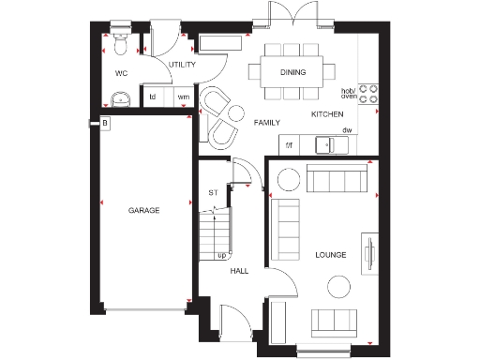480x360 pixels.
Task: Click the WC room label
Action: (x=121, y=72)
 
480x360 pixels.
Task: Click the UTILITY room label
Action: (x=182, y=65)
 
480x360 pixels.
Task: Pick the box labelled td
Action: (x=153, y=96)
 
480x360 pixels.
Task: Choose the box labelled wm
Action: (x=183, y=96)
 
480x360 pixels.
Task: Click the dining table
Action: (x=288, y=72)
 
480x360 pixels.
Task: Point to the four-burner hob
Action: (x=368, y=91)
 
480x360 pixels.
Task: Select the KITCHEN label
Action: (x=327, y=114)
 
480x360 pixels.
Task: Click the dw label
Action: (x=346, y=129)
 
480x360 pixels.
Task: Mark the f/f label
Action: (x=290, y=144)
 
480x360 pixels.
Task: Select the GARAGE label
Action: (x=143, y=211)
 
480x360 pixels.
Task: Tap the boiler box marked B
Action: (x=106, y=123)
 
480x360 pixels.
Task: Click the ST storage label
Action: (x=213, y=193)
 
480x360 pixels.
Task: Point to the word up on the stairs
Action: (x=221, y=254)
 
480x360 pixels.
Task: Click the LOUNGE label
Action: (x=331, y=254)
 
